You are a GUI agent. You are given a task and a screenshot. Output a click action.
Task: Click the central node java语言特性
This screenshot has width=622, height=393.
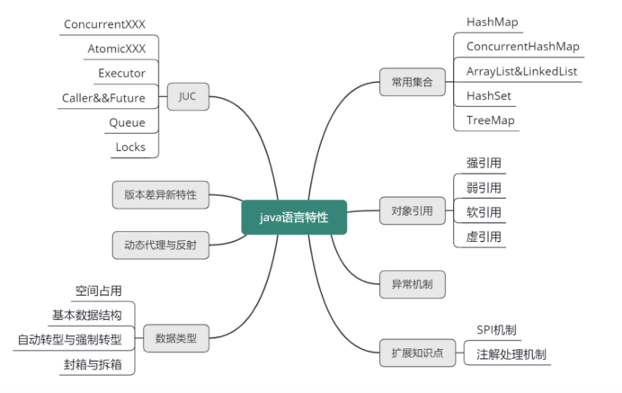[294, 217]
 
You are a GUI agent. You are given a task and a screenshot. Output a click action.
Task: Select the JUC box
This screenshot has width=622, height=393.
[188, 95]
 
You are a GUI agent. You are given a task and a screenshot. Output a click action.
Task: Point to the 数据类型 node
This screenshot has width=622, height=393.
[175, 338]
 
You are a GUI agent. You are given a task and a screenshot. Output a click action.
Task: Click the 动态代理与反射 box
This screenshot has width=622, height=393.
[161, 245]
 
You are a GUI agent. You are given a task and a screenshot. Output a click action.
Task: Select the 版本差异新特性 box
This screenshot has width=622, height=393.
[161, 193]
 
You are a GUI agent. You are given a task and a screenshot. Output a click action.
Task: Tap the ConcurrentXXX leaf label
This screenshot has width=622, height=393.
[105, 23]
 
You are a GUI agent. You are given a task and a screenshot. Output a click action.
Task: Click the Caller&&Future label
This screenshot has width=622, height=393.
[103, 97]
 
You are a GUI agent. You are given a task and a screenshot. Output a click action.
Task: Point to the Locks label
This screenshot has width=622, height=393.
[130, 147]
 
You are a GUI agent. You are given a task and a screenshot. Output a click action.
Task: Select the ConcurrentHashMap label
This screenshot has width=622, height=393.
[522, 46]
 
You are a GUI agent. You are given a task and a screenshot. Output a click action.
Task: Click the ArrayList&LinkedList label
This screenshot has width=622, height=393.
[521, 71]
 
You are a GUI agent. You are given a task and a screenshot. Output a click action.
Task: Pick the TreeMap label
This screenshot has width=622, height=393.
[491, 121]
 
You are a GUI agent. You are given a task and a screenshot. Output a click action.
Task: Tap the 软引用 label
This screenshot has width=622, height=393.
[484, 213]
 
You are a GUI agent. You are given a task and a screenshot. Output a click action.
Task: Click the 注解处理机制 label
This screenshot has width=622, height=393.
[511, 353]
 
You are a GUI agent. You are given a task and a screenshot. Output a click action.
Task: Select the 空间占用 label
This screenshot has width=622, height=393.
[98, 290]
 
